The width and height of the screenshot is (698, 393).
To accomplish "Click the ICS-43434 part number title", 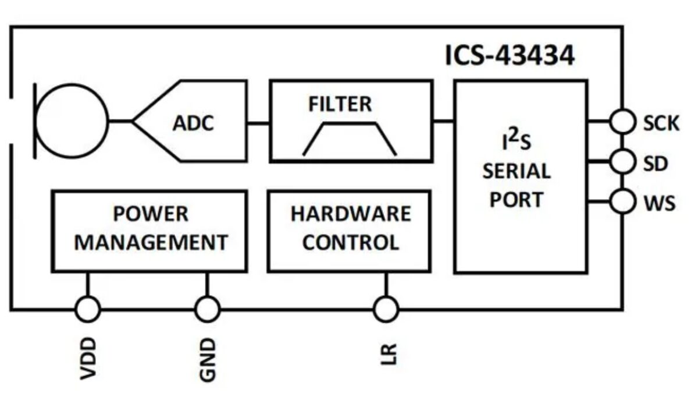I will [510, 56].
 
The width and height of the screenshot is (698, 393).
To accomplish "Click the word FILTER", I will [340, 105].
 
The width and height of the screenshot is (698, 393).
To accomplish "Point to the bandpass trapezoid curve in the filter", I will [350, 140].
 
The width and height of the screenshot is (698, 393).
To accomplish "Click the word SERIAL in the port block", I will [517, 172].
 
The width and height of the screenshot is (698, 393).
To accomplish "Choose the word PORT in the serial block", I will [517, 200].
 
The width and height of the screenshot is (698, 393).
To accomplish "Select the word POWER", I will [151, 214].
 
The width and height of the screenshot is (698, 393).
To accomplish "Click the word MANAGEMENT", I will [151, 242].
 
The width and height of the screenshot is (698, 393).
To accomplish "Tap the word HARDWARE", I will [351, 214].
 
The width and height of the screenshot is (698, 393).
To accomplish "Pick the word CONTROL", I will [351, 242].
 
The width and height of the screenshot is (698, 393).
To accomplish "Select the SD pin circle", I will [622, 162].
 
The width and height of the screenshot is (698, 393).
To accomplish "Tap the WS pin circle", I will [622, 202].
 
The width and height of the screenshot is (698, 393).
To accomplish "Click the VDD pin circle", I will [88, 309].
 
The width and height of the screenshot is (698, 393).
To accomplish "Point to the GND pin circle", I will [207, 309].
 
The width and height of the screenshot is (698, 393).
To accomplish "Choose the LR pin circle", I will [385, 309].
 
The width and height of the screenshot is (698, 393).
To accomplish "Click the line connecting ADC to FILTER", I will [259, 122].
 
